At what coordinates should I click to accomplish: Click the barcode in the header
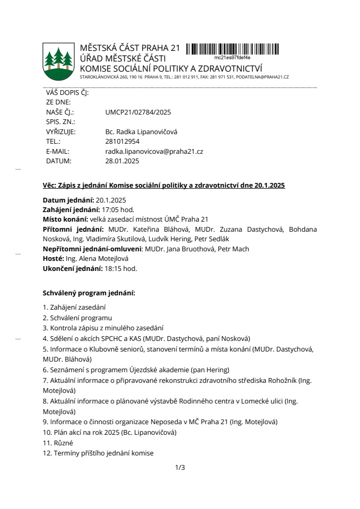232,49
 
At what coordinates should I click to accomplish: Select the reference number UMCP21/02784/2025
138,112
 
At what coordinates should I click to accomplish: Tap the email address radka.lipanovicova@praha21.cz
154,151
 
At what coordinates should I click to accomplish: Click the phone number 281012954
122,142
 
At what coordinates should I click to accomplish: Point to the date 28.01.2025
122,161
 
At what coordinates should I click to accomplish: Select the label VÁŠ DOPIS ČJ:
67,92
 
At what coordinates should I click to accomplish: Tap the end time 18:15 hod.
120,268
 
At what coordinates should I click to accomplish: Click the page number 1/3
180,467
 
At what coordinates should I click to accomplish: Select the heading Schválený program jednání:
89,292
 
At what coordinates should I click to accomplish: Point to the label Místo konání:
65,220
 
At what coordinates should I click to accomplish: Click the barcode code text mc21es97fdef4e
232,57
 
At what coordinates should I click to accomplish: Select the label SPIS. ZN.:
59,122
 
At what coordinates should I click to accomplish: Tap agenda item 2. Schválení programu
77,318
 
